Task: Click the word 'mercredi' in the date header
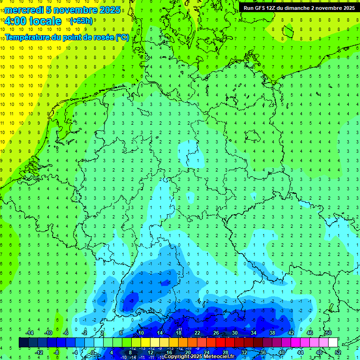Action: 25,10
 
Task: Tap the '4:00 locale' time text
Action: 33,21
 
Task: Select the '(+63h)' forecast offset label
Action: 81,21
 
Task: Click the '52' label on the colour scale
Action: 338,352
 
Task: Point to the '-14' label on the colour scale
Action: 29,333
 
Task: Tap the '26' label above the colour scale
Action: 216,333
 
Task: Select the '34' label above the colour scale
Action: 254,333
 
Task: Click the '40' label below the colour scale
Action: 282,352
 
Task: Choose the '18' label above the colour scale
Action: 179,333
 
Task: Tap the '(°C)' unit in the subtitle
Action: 123,37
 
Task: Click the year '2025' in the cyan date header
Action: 109,10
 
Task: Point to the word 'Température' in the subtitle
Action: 28,37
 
